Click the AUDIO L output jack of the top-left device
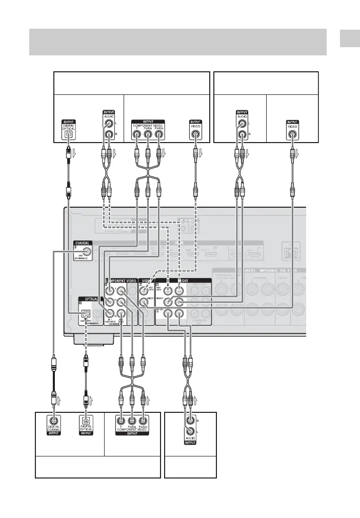pos(108,124)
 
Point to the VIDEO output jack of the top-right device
pos(292,136)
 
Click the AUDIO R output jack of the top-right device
pos(241,136)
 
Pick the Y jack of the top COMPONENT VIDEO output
pos(136,136)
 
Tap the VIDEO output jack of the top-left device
pos(195,136)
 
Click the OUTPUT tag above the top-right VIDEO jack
pos(292,122)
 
